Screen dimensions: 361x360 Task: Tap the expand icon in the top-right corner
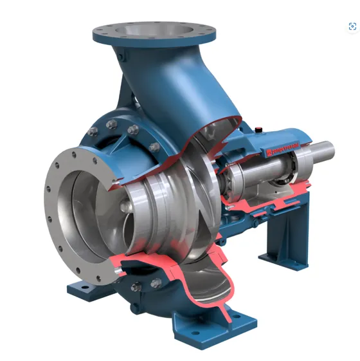click(352, 26)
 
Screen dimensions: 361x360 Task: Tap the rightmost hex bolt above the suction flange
click(154, 147)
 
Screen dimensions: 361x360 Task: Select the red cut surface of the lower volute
click(167, 270)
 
